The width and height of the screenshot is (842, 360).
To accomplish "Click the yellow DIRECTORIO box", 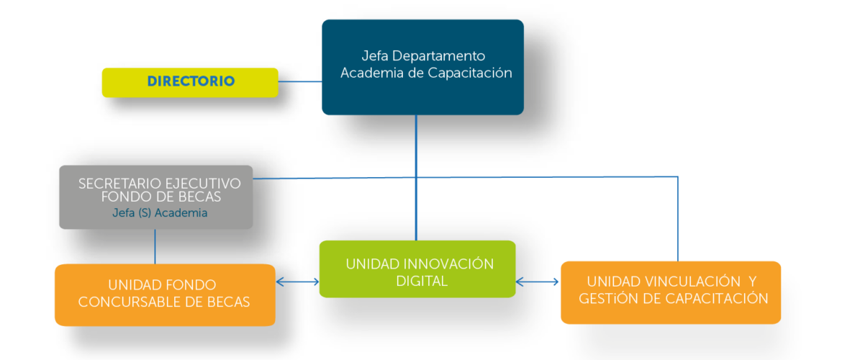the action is tap(190, 82).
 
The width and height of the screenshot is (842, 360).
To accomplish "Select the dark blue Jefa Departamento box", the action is tap(422, 67).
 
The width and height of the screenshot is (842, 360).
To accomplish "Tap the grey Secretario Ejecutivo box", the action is tap(155, 197).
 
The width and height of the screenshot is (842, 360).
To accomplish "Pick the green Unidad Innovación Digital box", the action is tap(417, 269).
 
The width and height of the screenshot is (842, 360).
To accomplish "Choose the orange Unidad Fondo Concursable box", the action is tap(165, 295).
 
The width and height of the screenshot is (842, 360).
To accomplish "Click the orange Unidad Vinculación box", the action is tap(671, 292).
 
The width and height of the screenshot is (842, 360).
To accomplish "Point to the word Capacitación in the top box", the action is tap(469, 73).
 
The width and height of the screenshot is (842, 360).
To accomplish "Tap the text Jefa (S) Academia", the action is tap(160, 213).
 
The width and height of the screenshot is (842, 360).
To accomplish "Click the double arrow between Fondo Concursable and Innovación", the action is tap(297, 282).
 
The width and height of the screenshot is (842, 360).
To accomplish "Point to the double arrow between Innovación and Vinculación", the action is tap(538, 282).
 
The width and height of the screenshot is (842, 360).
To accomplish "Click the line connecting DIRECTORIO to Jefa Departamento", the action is tap(300, 81).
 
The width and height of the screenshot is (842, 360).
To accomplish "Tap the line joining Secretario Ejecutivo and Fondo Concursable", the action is tap(155, 247).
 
